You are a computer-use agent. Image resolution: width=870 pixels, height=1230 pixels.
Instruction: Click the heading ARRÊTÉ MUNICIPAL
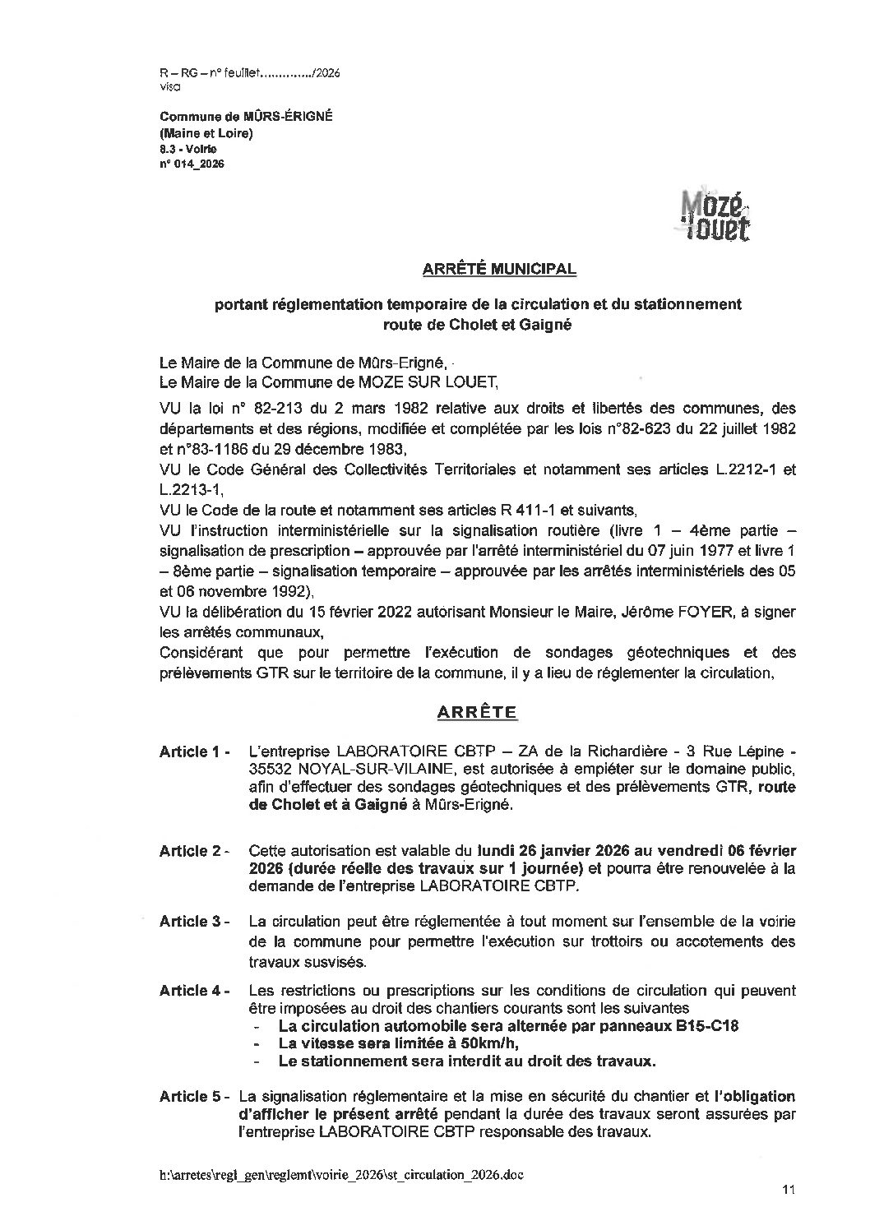coord(499,269)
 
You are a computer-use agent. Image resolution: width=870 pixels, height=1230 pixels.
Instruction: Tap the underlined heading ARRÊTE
coord(477,712)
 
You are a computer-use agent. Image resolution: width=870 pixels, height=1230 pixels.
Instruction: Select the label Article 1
coord(193,751)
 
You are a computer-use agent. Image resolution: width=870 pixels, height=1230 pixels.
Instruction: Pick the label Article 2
coord(193,851)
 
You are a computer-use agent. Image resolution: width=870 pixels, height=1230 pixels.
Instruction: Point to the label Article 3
coord(193,921)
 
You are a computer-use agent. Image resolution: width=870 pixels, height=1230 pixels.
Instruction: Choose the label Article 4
coord(193,990)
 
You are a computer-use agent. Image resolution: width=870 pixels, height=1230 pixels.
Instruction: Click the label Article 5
coord(193,1096)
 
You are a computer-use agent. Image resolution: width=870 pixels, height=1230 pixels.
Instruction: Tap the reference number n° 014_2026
coord(192,164)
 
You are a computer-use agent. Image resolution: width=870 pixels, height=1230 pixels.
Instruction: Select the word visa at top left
coord(170,86)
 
